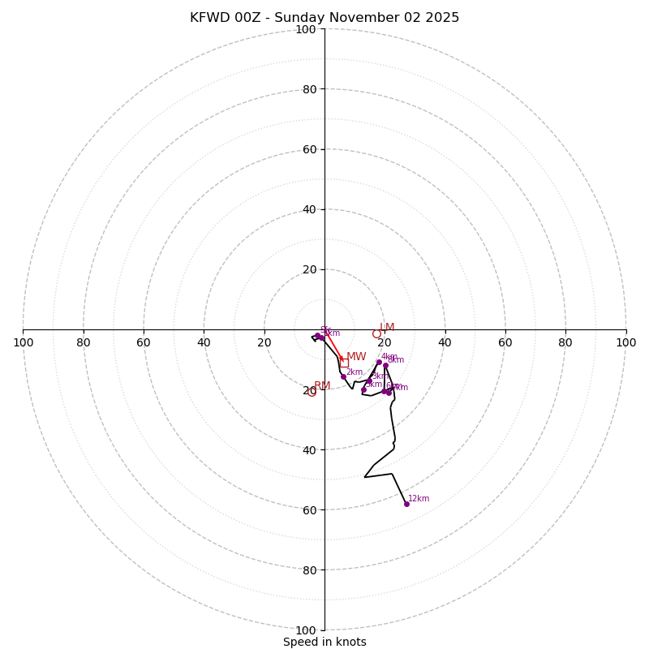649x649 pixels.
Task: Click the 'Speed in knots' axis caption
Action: point(324,642)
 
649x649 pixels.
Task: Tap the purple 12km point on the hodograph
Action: point(406,504)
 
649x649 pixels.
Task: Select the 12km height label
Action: point(419,499)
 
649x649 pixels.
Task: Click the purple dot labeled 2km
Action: point(343,376)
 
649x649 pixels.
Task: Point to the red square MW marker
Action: point(344,363)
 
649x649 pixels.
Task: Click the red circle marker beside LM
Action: point(376,333)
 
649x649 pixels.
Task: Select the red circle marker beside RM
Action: point(312,393)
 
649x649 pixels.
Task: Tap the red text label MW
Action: point(356,357)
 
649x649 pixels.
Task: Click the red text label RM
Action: point(322,386)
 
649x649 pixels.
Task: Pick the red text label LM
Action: point(387,328)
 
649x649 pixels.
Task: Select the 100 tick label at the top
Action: point(305,29)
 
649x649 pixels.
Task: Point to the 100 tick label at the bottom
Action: point(305,630)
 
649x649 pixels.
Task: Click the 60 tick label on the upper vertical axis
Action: point(308,149)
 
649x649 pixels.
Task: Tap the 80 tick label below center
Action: point(308,569)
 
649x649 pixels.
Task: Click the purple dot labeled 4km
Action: point(379,363)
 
